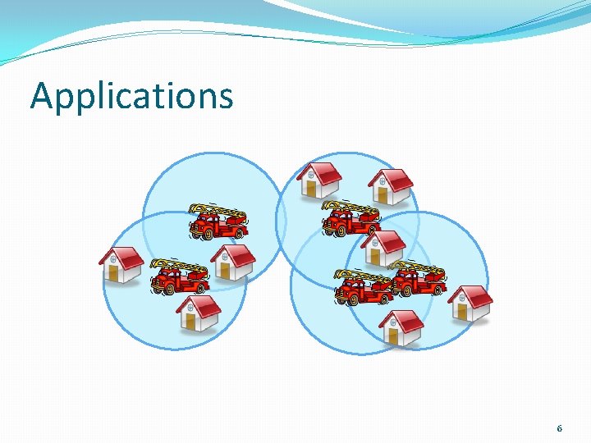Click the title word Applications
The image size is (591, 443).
point(131,97)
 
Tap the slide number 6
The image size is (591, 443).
point(559,428)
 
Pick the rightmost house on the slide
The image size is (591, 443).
point(470,304)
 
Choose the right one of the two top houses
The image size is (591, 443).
point(389,187)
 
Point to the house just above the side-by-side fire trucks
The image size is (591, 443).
point(383,247)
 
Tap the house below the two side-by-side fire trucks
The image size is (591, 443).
point(401,327)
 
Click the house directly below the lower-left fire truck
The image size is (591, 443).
point(198,313)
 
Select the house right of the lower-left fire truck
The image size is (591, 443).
point(232,263)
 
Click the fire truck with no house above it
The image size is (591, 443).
point(218,221)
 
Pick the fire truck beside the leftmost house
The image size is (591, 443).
point(180,276)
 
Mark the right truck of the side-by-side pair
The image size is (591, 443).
point(418,279)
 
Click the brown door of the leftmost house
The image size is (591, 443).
point(114,273)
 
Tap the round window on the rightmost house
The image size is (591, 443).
point(460,301)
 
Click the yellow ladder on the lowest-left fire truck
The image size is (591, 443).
point(181,267)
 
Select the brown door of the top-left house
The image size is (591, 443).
point(310,189)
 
